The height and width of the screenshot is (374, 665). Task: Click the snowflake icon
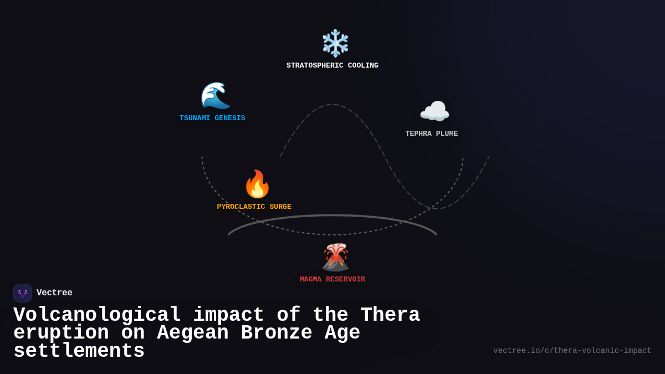(335, 43)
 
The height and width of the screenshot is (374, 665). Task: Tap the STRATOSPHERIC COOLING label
(332, 65)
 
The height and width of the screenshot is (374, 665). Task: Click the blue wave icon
(215, 95)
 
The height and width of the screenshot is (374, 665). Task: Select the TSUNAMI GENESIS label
(212, 118)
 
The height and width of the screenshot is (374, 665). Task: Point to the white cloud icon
(434, 112)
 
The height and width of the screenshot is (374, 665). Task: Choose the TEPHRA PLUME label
(432, 134)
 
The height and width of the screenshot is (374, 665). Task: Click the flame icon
(257, 184)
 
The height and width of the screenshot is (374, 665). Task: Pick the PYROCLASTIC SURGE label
(254, 207)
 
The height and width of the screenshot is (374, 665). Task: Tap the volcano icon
(335, 257)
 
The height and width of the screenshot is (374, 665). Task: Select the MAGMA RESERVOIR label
(332, 279)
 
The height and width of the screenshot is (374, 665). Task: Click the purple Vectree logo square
(23, 293)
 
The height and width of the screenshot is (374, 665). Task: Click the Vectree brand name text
(54, 293)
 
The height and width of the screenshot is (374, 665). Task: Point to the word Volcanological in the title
(97, 315)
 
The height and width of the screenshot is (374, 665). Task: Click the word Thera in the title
(390, 315)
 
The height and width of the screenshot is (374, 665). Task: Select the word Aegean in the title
(193, 333)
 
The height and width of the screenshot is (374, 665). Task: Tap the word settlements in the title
(79, 351)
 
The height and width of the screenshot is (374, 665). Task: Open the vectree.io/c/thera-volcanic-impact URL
(572, 351)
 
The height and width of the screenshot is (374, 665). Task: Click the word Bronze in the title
(276, 333)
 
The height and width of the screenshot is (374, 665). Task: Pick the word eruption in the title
(61, 333)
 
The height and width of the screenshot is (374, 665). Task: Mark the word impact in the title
(228, 315)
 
